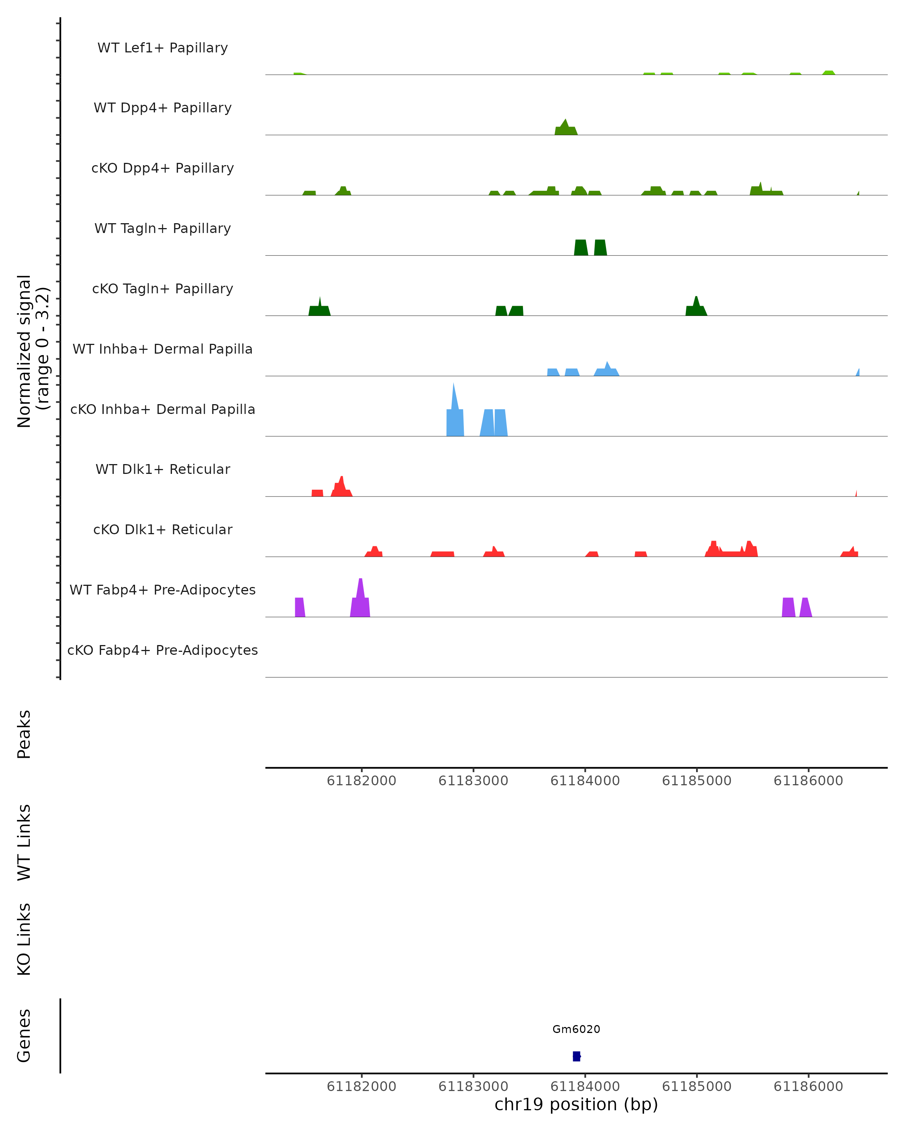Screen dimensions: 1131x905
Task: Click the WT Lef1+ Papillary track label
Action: pyautogui.click(x=163, y=48)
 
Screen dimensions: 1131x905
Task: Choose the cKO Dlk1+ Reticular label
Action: pyautogui.click(x=163, y=529)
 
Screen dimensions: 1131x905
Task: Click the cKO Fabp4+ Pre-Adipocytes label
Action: pyautogui.click(x=163, y=650)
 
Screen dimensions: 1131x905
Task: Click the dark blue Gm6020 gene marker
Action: pyautogui.click(x=577, y=1056)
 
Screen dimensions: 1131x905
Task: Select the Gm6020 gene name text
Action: pyautogui.click(x=576, y=1029)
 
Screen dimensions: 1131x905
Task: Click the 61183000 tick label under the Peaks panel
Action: pyautogui.click(x=473, y=781)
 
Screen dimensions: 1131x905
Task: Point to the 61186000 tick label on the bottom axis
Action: pyautogui.click(x=808, y=1087)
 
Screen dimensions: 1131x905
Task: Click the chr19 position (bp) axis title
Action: pyautogui.click(x=576, y=1105)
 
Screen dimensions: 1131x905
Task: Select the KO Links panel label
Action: pyautogui.click(x=24, y=939)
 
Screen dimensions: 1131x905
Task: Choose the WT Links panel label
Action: pyautogui.click(x=24, y=842)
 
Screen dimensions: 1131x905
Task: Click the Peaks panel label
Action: pyautogui.click(x=24, y=734)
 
